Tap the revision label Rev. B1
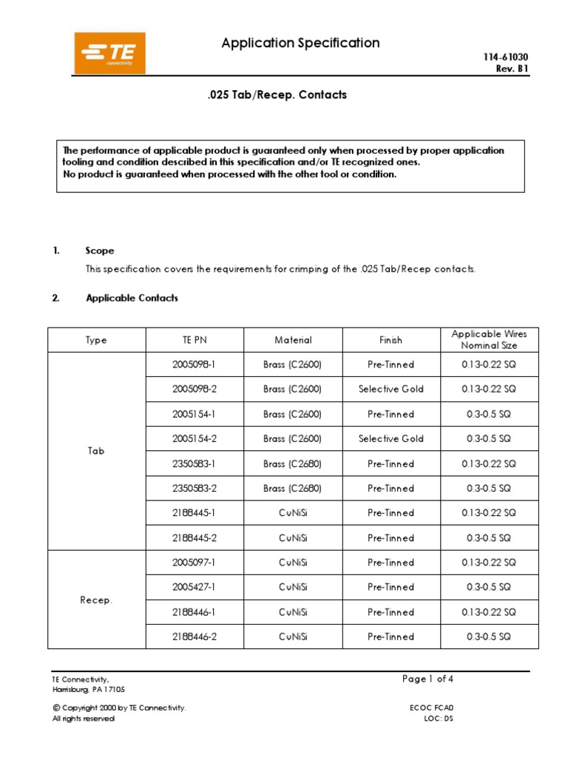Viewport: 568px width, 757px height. pos(512,69)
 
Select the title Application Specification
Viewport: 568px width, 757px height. pos(300,43)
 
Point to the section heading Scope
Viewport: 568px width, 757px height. pos(100,251)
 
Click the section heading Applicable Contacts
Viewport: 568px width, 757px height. pos(132,298)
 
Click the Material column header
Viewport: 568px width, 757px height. pos(293,340)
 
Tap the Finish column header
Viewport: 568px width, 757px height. pos(390,340)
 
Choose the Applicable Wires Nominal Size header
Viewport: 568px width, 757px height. pos(489,340)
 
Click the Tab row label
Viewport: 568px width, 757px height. pos(96,451)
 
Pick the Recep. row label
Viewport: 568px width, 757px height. pos(96,600)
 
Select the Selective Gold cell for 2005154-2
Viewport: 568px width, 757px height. pos(390,439)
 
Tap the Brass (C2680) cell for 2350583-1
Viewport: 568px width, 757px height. pos(293,464)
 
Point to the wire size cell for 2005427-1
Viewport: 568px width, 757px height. pos(489,588)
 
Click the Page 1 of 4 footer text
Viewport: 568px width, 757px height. pos(428,679)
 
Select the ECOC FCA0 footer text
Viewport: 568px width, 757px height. pos(433,707)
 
